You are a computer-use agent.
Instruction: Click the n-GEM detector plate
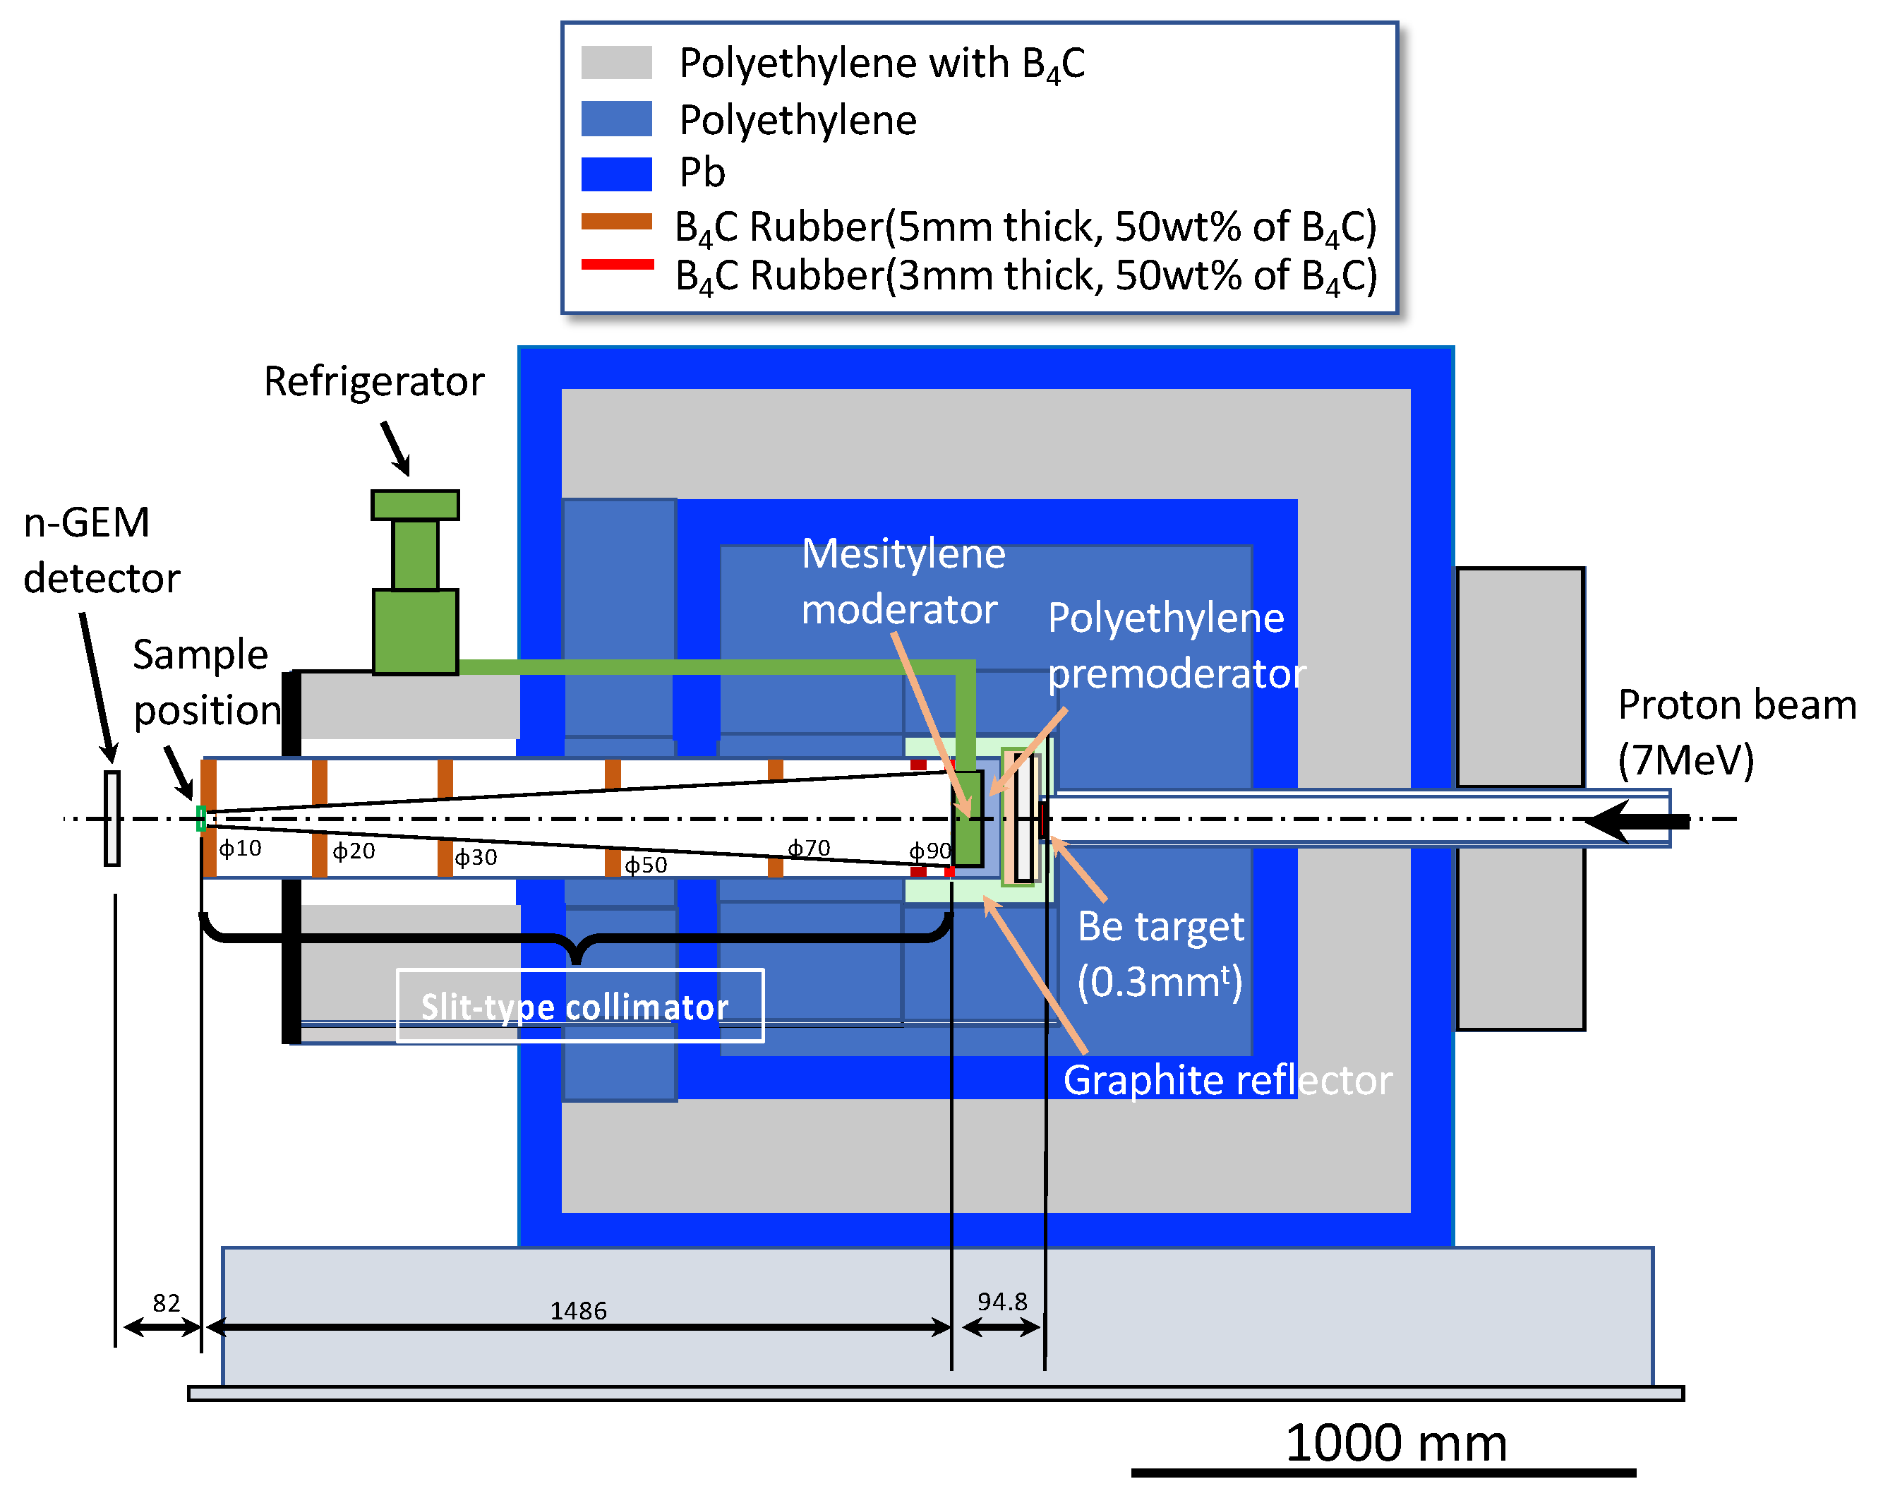tap(112, 818)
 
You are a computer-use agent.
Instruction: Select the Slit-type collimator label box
tap(580, 1006)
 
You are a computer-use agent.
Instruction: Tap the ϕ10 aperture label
tap(239, 849)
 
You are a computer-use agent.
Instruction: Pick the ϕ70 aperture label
tap(809, 849)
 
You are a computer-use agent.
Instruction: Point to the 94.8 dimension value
tap(1001, 1301)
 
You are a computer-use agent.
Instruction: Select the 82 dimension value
tap(166, 1303)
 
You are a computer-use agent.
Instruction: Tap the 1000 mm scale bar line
tap(1383, 1473)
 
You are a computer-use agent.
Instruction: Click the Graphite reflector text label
tap(1227, 1080)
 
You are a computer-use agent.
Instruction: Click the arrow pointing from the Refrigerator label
tap(396, 448)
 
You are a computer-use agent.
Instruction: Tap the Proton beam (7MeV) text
tap(1736, 731)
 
